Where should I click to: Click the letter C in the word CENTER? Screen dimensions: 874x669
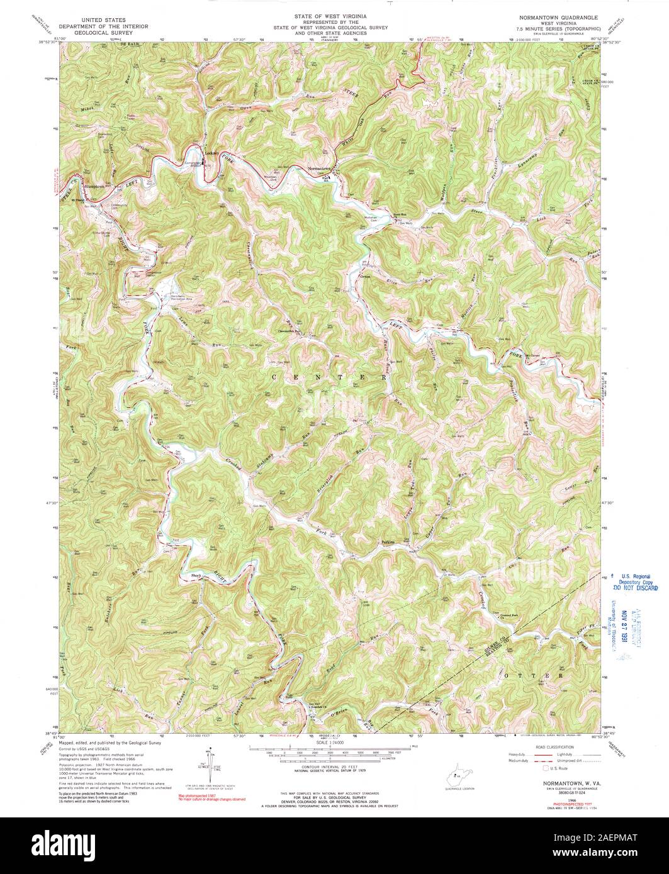pos(275,377)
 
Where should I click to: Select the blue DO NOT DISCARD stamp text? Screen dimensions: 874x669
pos(635,588)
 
